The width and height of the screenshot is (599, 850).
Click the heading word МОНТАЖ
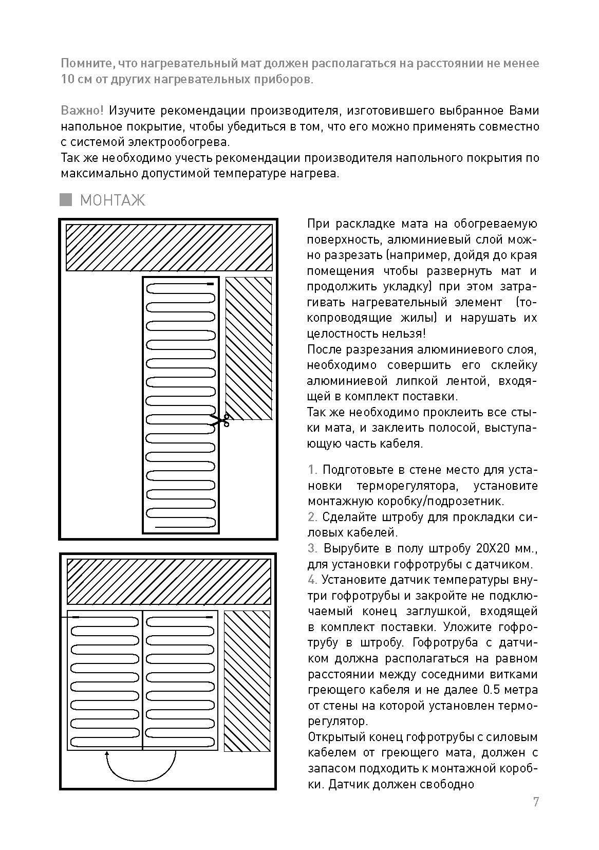point(113,200)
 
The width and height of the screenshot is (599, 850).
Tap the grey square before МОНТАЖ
point(66,200)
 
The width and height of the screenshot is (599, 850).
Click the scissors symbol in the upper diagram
point(220,420)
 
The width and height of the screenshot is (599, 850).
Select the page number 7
point(536,802)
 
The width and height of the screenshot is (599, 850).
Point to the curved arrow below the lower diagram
point(141,767)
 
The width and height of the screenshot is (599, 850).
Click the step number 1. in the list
point(313,470)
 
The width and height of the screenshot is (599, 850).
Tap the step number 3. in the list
point(313,548)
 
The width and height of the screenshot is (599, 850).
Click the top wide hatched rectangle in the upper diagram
point(169,247)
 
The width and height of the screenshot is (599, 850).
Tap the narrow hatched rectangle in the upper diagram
point(249,348)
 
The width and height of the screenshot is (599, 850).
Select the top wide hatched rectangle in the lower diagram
point(169,581)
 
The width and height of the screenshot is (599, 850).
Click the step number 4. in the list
point(313,580)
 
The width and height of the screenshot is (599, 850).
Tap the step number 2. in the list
point(313,517)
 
